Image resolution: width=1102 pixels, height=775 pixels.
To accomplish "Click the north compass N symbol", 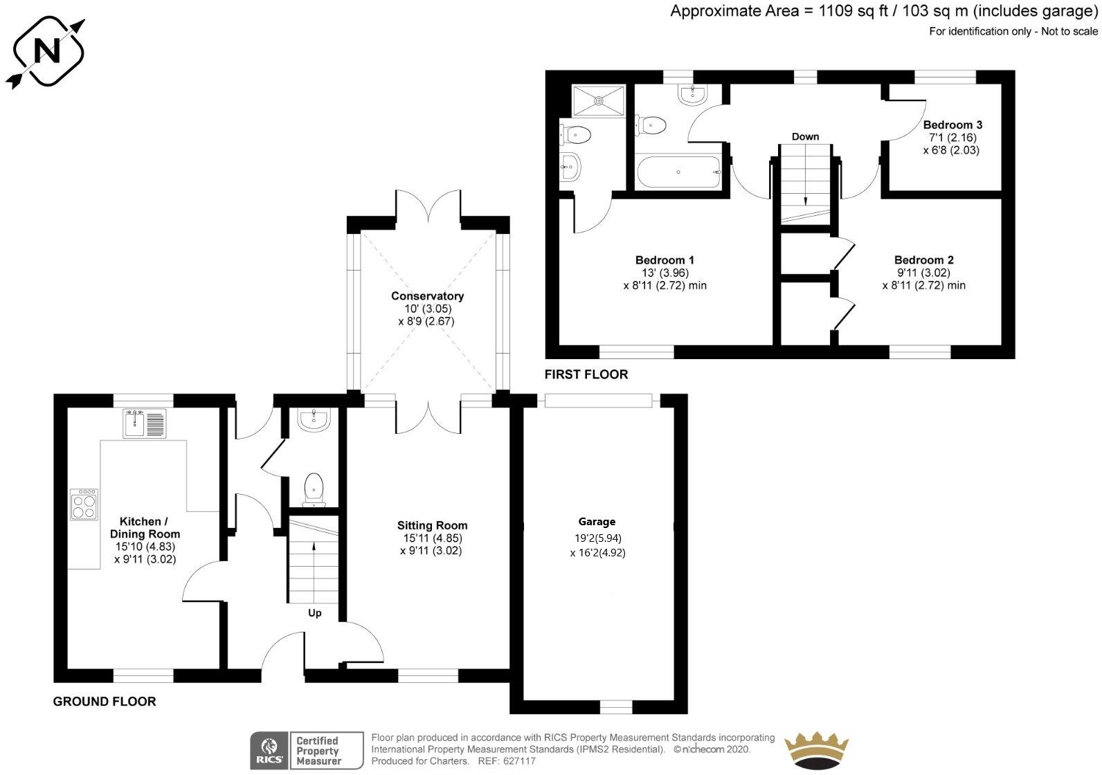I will [x=48, y=52].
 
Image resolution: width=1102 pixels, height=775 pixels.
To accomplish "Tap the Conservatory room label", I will [x=427, y=296].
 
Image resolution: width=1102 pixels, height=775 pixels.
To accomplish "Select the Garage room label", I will [x=597, y=522].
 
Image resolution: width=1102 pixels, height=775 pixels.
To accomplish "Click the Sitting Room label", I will [x=432, y=526].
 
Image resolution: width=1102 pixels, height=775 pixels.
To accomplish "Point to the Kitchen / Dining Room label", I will [x=145, y=527].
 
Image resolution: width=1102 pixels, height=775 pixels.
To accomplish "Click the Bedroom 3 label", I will [x=952, y=125].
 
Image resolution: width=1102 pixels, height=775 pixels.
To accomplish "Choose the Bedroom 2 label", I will [x=923, y=260].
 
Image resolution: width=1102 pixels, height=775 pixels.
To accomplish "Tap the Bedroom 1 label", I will [x=665, y=260].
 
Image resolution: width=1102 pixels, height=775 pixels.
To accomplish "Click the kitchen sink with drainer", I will [x=145, y=423].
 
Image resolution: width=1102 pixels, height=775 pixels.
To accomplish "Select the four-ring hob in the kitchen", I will [x=84, y=504].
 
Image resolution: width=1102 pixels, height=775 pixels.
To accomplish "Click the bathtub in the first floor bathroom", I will [x=678, y=172].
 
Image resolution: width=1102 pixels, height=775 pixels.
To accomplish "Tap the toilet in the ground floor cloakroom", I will [x=314, y=488].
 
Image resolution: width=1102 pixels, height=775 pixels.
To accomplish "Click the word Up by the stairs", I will [x=315, y=613].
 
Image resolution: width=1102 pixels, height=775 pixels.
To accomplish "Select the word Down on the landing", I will [x=805, y=137].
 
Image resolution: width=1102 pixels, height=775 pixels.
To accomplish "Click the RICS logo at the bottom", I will [x=267, y=750].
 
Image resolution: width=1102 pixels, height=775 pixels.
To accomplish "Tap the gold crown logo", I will [x=817, y=751].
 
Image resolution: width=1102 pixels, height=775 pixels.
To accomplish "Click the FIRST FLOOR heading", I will [x=586, y=374].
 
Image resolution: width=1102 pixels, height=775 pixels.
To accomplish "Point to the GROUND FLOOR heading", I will [x=105, y=702].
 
